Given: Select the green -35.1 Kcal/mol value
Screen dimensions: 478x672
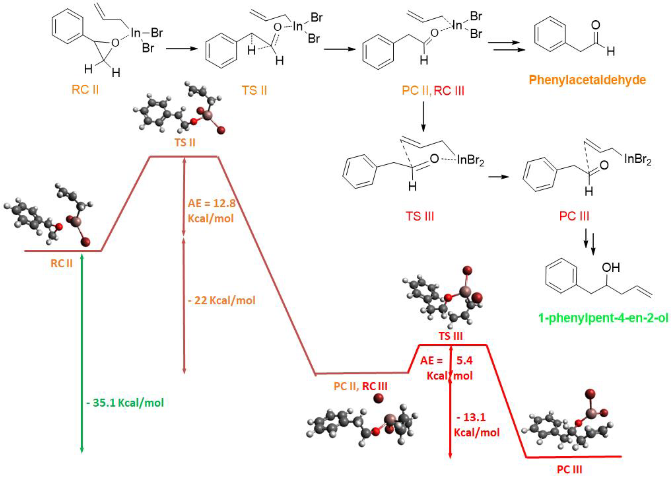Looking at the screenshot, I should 125,403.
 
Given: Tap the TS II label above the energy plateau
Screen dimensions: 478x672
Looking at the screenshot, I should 185,143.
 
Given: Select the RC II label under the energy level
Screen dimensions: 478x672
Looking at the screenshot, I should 61,263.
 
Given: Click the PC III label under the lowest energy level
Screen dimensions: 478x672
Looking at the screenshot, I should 569,470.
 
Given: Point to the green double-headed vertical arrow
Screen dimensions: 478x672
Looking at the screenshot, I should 82,353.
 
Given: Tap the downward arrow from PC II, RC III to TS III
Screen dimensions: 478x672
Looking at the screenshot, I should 423,116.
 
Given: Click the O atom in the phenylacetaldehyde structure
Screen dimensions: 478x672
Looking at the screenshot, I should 595,25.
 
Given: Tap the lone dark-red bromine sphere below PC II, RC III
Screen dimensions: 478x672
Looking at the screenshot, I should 378,398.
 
